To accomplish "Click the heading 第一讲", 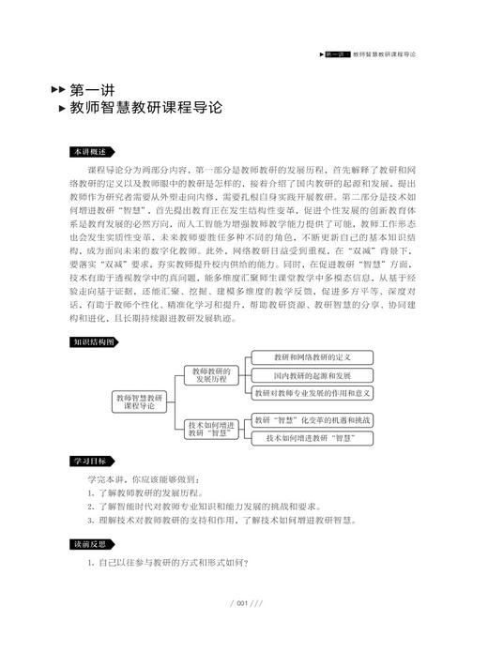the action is pos(95,89).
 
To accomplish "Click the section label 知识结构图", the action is pos(93,316).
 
